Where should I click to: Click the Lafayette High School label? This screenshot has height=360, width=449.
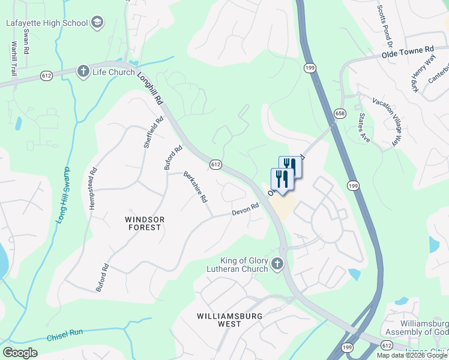click(x=47, y=23)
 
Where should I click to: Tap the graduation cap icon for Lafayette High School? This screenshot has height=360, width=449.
click(x=97, y=23)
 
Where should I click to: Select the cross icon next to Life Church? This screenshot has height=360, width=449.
click(x=83, y=72)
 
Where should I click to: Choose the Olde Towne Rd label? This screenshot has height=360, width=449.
click(x=407, y=53)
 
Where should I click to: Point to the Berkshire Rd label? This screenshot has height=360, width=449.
click(x=196, y=187)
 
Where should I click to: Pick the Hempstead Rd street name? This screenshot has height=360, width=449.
click(x=92, y=187)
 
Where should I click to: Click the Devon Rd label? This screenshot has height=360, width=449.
click(x=246, y=209)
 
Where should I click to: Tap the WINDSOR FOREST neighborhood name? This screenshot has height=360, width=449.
click(x=143, y=223)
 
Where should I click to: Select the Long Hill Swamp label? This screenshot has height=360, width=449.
click(x=63, y=196)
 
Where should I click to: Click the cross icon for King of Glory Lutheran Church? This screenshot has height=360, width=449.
click(x=277, y=263)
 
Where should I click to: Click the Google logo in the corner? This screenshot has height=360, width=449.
click(x=20, y=352)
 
